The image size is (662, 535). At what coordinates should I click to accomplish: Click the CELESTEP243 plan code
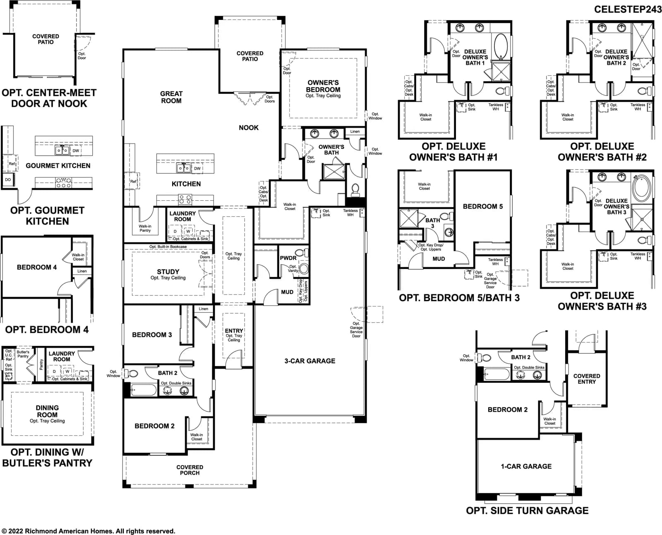click(x=628, y=10)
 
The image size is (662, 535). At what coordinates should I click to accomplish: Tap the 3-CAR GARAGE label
click(x=310, y=361)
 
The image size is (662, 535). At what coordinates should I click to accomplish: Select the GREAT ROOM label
click(x=171, y=97)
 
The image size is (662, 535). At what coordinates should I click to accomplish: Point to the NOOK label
click(x=249, y=127)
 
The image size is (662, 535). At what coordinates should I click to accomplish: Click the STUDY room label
click(x=168, y=272)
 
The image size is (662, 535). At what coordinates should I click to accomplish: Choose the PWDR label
click(x=288, y=258)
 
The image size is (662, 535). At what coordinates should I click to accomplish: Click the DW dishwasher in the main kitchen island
click(x=197, y=168)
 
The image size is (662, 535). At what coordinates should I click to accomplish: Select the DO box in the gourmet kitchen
click(x=8, y=180)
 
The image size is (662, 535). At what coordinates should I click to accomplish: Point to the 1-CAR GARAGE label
click(x=526, y=466)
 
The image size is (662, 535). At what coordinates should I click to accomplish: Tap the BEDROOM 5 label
click(x=483, y=206)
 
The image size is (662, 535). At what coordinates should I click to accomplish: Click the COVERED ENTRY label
click(x=587, y=379)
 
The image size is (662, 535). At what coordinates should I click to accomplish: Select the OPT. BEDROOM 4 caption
click(x=47, y=329)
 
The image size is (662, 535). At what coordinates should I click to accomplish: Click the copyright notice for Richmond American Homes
click(x=88, y=531)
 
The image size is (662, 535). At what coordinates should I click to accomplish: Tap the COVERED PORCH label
click(x=189, y=470)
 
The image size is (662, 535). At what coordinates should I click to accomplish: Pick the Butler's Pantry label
click(x=23, y=354)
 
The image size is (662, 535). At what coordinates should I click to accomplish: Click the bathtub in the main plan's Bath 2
click(x=144, y=390)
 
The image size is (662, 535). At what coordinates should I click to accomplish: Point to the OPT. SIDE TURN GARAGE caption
click(x=527, y=511)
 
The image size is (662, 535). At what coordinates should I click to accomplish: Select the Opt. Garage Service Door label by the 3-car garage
click(x=356, y=329)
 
